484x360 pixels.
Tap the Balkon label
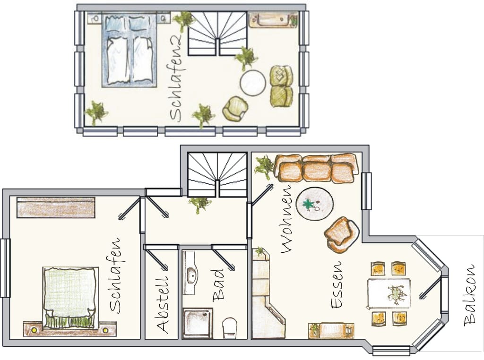click(470, 295)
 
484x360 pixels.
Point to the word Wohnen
click(287, 219)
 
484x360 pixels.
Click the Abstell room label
click(163, 304)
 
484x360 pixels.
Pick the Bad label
click(218, 285)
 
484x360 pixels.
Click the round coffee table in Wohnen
click(314, 203)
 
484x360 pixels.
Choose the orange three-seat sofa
click(316, 168)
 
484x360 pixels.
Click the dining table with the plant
click(389, 293)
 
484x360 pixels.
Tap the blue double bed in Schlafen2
click(130, 50)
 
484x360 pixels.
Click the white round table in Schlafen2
click(253, 83)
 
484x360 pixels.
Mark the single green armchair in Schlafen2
click(235, 109)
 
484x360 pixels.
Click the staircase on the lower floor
click(217, 174)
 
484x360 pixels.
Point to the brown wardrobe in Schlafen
click(56, 207)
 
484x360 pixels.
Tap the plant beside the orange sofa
click(263, 167)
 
